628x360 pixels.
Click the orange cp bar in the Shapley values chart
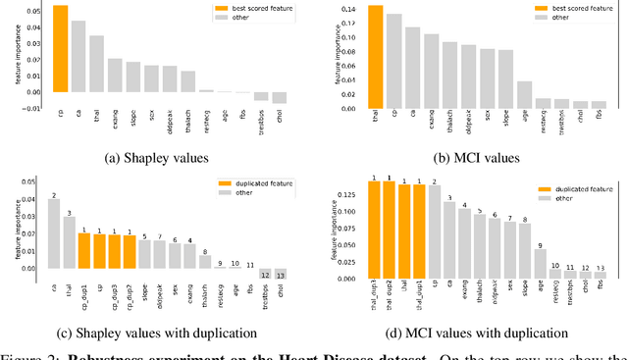click(61, 49)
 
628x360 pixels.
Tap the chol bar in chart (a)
click(280, 97)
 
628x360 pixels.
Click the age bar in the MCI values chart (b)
click(524, 93)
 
